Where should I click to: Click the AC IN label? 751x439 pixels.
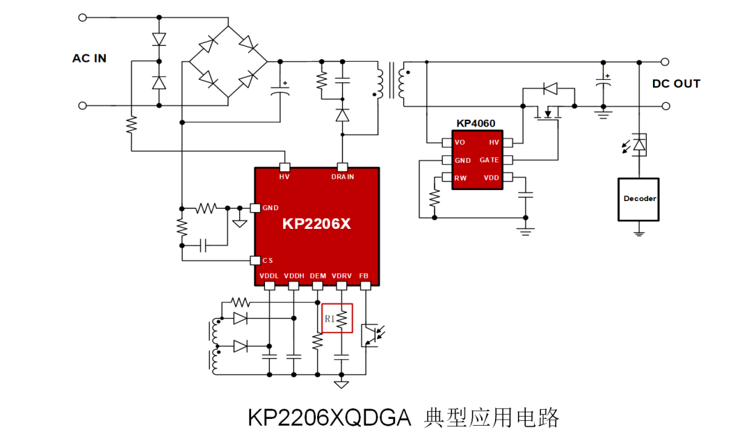89,58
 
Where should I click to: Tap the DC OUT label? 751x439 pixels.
676,84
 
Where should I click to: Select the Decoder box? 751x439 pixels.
638,200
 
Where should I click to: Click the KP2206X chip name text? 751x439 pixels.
316,224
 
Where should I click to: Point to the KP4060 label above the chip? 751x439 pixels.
476,123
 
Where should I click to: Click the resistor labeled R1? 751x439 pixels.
341,319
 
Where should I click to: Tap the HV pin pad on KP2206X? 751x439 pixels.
284,167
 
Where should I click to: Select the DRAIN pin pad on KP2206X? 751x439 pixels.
342,167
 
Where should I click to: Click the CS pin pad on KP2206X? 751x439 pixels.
255,260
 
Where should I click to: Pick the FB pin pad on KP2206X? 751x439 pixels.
366,286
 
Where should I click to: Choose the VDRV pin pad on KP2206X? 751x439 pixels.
341,286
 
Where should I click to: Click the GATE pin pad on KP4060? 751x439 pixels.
508,160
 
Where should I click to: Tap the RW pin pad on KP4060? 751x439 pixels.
447,177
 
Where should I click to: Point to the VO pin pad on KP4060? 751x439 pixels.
447,143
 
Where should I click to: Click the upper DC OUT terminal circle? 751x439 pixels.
665,62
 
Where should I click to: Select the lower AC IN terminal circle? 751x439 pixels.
82,106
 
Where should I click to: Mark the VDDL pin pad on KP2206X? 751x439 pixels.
270,286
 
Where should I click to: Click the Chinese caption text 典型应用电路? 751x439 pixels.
492,418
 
